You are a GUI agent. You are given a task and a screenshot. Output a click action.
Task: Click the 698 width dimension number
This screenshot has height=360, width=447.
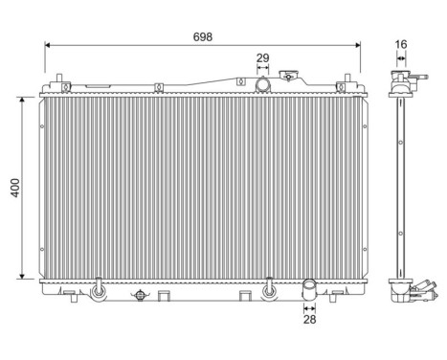coord(202,35)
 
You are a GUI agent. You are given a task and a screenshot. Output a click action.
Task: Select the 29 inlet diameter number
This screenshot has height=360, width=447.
coord(263,58)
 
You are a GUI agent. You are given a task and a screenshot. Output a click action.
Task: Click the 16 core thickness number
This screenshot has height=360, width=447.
coord(400,44)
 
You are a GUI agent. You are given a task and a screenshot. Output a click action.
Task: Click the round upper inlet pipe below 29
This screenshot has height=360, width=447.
coord(263,85)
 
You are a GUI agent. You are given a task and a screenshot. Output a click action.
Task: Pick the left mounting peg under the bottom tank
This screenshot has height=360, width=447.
coord(98,286)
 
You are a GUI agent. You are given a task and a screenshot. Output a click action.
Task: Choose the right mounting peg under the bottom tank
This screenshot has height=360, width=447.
coord(269,286)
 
